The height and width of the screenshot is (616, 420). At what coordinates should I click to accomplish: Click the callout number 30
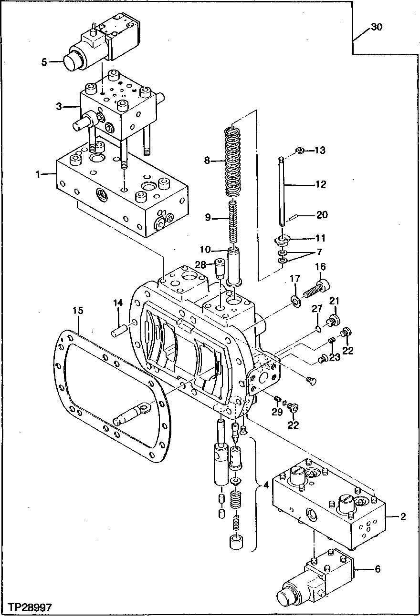pos(377,28)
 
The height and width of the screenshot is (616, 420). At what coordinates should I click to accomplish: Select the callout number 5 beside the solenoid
pos(44,61)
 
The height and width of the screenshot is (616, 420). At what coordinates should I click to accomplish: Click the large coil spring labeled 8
pos(234,162)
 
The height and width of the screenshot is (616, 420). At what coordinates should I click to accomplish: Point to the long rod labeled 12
pos(283,191)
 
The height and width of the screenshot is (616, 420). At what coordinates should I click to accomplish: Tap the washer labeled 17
pos(295,300)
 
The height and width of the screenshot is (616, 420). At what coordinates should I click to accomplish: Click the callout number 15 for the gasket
pos(78,311)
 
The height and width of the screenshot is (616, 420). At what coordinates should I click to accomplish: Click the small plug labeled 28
pos(220,269)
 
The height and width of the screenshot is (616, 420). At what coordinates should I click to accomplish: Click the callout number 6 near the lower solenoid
pos(378,568)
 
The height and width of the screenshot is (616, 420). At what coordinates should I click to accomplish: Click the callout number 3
pos(59,106)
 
